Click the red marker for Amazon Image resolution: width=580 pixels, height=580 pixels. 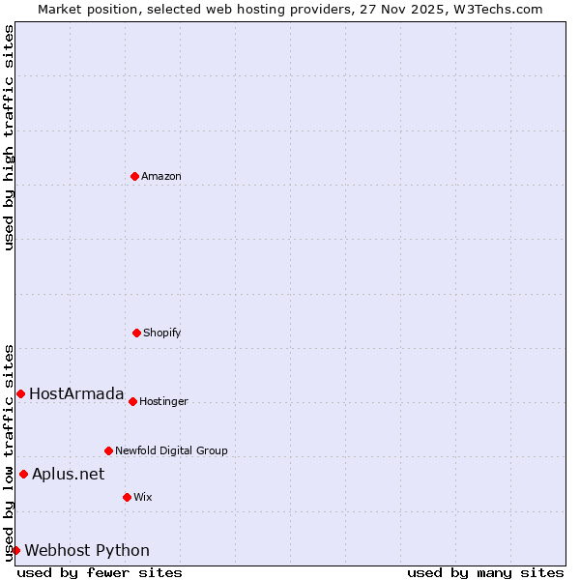point(134,176)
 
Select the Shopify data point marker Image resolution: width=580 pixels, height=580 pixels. point(136,333)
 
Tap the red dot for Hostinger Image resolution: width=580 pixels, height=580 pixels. point(132,401)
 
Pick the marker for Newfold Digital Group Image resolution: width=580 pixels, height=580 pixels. point(108,450)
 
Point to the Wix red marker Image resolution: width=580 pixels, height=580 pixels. point(127,497)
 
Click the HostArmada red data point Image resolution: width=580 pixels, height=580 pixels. point(20,393)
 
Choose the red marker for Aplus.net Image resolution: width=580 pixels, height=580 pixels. point(23,474)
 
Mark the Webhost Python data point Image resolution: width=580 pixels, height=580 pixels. point(15,550)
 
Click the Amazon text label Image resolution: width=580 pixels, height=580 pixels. point(161,176)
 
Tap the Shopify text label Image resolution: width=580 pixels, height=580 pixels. point(162,333)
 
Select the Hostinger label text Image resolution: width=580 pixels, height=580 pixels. point(164,401)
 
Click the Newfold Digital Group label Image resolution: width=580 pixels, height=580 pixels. point(172,450)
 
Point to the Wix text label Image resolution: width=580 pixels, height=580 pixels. point(143,497)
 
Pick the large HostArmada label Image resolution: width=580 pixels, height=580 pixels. point(76,393)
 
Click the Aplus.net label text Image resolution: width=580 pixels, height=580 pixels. point(69,474)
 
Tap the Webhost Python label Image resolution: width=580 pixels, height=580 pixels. point(87,550)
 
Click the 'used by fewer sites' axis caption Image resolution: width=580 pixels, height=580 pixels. point(100,572)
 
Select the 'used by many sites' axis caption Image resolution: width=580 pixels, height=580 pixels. point(485,572)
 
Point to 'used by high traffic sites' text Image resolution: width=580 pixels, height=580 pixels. point(10,137)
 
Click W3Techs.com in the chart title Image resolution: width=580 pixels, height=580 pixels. point(496,9)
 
